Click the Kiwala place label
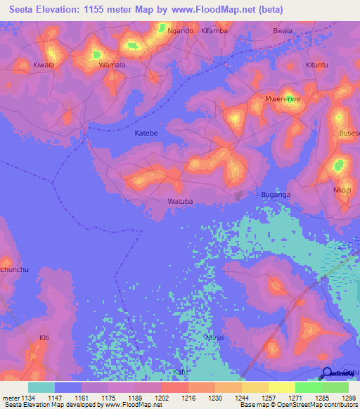(44, 65)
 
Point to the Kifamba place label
(214, 31)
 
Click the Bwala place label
(282, 31)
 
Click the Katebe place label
(146, 133)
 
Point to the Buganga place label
(276, 194)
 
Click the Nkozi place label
(342, 190)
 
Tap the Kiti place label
(44, 338)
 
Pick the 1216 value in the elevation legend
(188, 398)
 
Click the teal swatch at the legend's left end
(41, 387)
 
